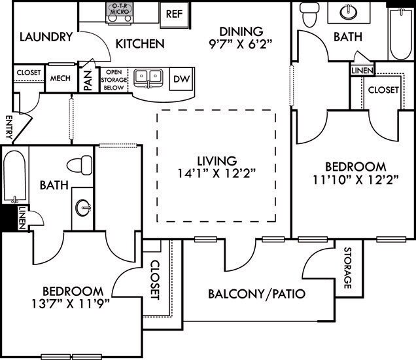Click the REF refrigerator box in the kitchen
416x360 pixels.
[x=173, y=13]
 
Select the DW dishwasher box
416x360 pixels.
[x=180, y=79]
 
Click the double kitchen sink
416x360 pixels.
[x=148, y=78]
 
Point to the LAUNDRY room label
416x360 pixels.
[x=45, y=37]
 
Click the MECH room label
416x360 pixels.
[x=60, y=79]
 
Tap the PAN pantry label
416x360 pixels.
[x=86, y=79]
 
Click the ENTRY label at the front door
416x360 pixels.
[x=9, y=127]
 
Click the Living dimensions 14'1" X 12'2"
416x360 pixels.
[x=217, y=173]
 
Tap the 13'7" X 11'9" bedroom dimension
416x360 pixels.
[x=72, y=303]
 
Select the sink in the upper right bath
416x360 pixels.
[x=347, y=12]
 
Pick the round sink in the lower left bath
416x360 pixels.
[x=83, y=207]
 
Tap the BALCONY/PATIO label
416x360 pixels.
[x=257, y=293]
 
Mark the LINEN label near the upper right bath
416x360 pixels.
[x=362, y=70]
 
